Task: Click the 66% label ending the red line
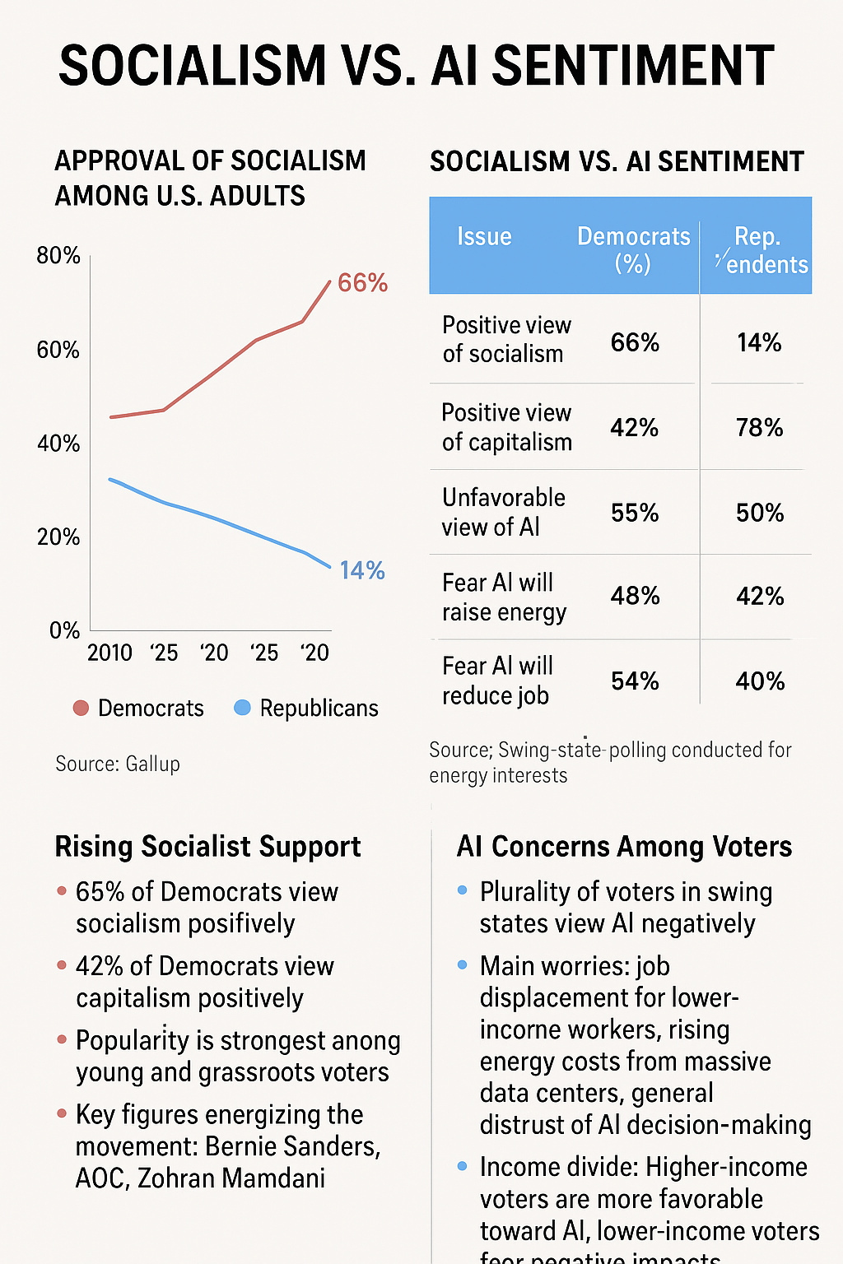click(362, 283)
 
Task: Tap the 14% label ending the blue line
click(362, 570)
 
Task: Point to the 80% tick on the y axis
click(58, 256)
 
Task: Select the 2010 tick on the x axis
click(109, 653)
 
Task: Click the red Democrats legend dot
click(81, 708)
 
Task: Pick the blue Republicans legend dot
click(242, 708)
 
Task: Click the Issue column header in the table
click(484, 237)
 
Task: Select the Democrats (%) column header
click(633, 249)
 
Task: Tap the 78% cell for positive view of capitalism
click(759, 428)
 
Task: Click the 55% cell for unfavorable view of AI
click(635, 513)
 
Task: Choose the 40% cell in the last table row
click(760, 681)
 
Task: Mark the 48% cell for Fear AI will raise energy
click(635, 596)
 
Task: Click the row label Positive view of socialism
click(505, 339)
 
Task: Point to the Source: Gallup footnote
click(118, 764)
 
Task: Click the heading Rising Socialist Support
click(207, 847)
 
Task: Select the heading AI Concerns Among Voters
click(624, 847)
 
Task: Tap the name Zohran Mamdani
click(231, 1178)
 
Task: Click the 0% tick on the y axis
click(64, 631)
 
